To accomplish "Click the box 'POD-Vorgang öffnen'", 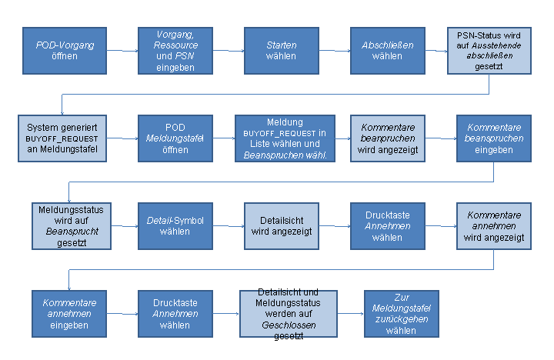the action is click(65, 51).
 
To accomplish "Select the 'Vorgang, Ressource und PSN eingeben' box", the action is click(175, 51).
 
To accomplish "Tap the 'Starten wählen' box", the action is click(282, 51).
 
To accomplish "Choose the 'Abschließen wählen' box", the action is click(388, 51).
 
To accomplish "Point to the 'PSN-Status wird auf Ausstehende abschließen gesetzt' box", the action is click(489, 51).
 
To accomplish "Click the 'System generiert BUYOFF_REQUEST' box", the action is click(62, 138).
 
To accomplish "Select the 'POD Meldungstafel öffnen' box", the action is click(175, 138).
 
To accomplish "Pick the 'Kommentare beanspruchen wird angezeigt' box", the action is click(388, 138).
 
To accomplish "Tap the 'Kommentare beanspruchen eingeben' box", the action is click(494, 138).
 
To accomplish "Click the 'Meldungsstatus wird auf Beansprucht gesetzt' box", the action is click(72, 226).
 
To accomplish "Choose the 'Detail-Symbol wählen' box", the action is click(175, 226).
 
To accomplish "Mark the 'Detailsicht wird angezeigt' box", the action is click(282, 226).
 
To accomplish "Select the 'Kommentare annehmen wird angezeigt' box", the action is click(494, 226).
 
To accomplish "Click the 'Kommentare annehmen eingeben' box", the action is click(69, 314).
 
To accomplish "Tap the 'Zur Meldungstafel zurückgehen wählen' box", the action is click(402, 314).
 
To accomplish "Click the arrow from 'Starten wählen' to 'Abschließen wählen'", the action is click(335, 51).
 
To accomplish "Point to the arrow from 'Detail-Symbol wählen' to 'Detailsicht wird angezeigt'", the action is click(229, 225).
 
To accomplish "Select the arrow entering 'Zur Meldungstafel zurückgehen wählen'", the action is click(351, 313).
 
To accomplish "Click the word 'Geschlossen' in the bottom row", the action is click(289, 325).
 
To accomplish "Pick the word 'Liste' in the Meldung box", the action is click(260, 144).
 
